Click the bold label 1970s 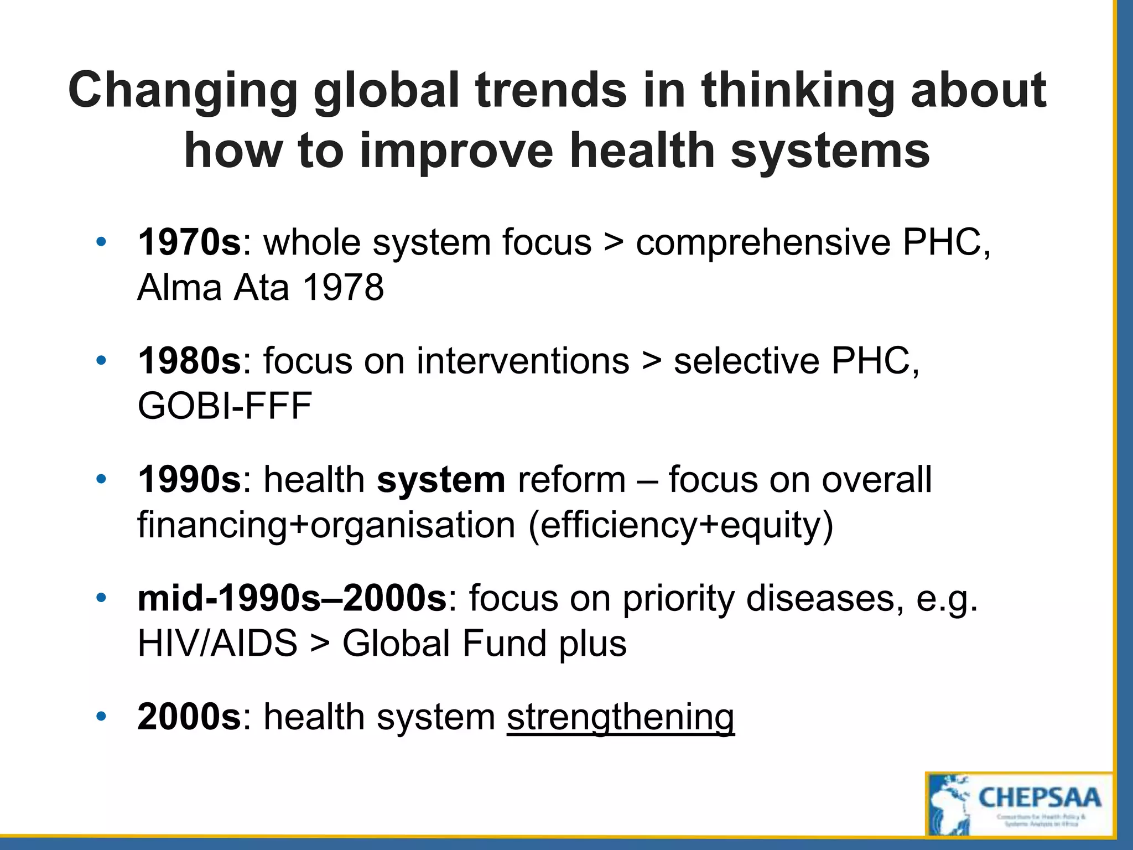tap(189, 242)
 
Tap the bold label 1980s tap(189, 361)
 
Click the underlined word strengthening tap(620, 717)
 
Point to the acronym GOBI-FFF tap(225, 406)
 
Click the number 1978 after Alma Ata tap(343, 288)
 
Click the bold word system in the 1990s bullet tap(441, 479)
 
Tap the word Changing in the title tap(183, 91)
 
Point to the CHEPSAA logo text tap(1040, 799)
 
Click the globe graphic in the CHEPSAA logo tap(949, 805)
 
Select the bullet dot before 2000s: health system tap(100, 717)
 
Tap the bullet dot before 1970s tap(100, 242)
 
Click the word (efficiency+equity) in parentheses tap(680, 525)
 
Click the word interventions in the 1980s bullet tap(523, 361)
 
